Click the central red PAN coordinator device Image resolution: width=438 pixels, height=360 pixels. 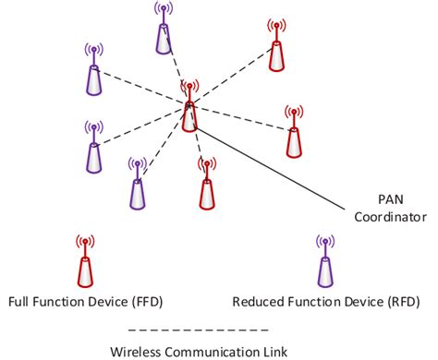click(x=189, y=113)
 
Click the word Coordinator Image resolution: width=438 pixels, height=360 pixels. click(x=389, y=219)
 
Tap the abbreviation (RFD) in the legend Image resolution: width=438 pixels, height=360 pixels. click(x=400, y=302)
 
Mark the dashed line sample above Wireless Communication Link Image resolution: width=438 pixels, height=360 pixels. click(x=198, y=329)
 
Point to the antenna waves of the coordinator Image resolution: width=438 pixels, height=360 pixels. click(x=189, y=88)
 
